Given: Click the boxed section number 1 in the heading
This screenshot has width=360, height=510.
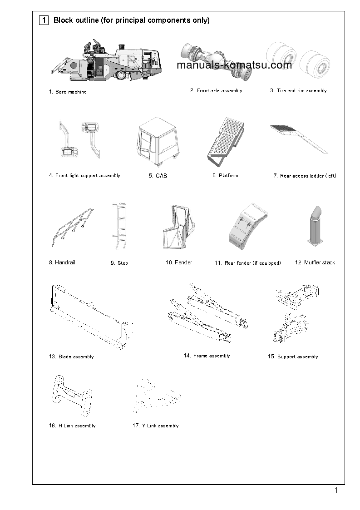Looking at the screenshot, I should pyautogui.click(x=44, y=20).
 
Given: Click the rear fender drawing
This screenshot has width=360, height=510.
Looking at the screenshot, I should pyautogui.click(x=247, y=229).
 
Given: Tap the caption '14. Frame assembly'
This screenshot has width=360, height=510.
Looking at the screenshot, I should pyautogui.click(x=207, y=356).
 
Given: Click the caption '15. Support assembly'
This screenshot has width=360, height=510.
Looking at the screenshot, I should pyautogui.click(x=292, y=357).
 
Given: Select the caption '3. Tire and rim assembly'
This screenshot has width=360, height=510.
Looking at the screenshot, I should pyautogui.click(x=298, y=90).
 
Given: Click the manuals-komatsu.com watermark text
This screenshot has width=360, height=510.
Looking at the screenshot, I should pyautogui.click(x=234, y=65).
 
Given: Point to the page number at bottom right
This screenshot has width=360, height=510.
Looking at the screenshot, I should pyautogui.click(x=336, y=490).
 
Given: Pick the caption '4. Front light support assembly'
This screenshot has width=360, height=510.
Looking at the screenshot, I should pyautogui.click(x=84, y=175).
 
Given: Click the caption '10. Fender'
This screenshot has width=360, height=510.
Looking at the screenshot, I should pyautogui.click(x=178, y=262).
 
